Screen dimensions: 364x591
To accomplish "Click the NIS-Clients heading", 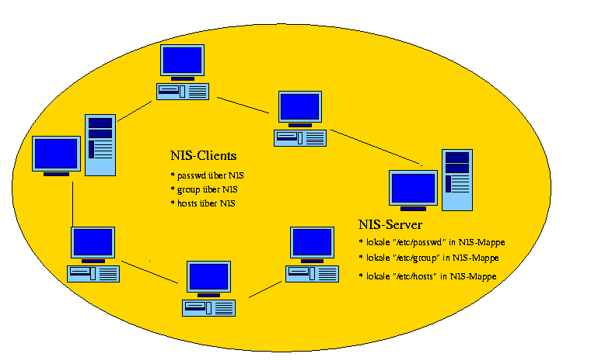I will click(203, 155).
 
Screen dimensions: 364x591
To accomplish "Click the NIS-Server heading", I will click(390, 225).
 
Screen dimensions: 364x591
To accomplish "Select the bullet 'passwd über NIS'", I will click(211, 175).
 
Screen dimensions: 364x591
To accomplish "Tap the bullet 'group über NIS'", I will click(207, 189).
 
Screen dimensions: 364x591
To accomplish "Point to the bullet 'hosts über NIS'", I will click(205, 203).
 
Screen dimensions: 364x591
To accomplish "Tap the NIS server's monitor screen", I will click(413, 189).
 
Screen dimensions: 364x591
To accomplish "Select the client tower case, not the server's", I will click(100, 144).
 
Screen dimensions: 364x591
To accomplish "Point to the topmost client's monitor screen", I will click(182, 61).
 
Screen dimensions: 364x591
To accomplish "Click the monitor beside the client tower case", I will click(55, 154).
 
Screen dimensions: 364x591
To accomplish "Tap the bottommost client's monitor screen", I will click(208, 277).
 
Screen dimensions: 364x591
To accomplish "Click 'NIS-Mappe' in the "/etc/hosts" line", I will click(475, 276).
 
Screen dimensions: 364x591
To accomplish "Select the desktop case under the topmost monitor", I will click(182, 92).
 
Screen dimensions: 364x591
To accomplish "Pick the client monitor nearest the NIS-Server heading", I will click(311, 243).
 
